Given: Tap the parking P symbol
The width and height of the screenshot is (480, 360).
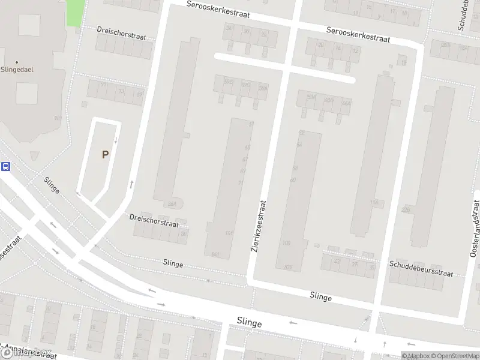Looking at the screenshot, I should (x=105, y=154).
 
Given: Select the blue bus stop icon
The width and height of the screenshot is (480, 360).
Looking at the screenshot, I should (x=6, y=167).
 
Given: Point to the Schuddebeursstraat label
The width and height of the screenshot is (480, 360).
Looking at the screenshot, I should (x=421, y=268).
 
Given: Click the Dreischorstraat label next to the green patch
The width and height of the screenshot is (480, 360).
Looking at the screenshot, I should (x=122, y=31).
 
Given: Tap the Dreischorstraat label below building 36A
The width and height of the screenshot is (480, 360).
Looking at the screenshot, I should (x=154, y=221).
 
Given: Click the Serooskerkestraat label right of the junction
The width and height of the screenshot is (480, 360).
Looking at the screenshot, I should (x=359, y=34).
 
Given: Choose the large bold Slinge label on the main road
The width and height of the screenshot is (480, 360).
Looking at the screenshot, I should (x=249, y=323).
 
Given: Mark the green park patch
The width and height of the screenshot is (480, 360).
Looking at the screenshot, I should (x=75, y=13).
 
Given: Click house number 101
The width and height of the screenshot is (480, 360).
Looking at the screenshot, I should (x=228, y=233).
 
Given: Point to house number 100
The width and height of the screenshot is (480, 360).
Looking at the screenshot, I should (x=286, y=243).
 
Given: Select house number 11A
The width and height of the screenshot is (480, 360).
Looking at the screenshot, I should (x=374, y=203).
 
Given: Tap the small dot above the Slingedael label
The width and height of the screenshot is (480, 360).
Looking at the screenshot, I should (x=17, y=61).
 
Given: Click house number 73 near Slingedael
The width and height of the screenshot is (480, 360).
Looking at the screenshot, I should (x=122, y=92).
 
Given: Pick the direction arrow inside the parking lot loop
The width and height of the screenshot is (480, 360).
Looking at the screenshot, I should (x=116, y=142).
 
